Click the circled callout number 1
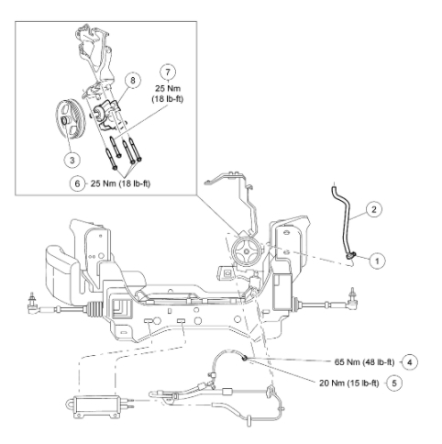377,261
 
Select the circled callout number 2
373,209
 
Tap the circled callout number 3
72,160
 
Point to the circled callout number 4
410,362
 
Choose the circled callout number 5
394,383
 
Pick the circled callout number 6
77,183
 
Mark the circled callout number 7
168,72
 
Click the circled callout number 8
132,80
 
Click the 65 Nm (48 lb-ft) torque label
364,362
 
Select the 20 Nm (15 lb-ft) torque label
349,383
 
